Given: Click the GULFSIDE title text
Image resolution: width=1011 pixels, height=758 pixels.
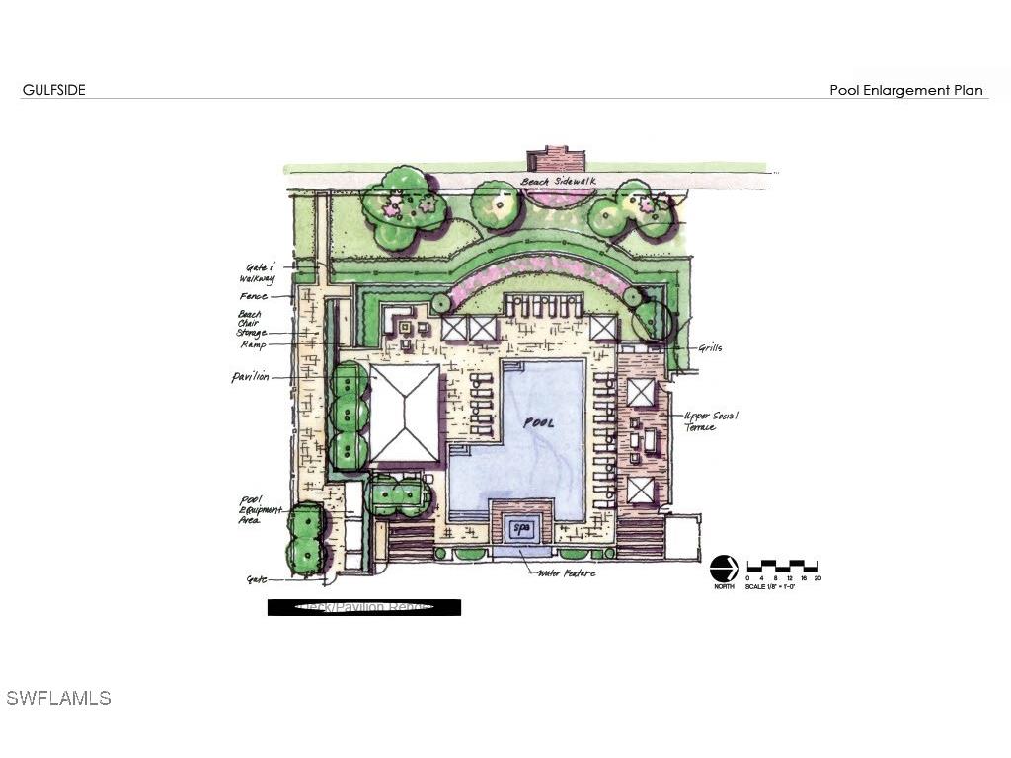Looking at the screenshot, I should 53,90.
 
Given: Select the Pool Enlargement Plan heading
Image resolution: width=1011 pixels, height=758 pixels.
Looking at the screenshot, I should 905,90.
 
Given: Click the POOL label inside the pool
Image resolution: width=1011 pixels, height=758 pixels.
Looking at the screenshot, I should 538,422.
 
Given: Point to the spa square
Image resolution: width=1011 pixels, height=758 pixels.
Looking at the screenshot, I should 521,529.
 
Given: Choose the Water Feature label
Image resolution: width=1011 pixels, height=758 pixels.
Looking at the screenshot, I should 567,572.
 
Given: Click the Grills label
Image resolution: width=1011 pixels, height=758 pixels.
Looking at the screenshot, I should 710,347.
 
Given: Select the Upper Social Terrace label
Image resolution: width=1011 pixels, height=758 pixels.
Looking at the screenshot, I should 710,420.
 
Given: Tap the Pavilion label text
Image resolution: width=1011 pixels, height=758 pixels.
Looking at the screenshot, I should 250,377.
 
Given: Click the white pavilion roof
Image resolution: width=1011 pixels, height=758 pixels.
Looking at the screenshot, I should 404,413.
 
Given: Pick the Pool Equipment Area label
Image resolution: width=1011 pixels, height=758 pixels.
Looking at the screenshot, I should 249,509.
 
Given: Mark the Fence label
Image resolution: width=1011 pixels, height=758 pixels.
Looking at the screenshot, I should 253,296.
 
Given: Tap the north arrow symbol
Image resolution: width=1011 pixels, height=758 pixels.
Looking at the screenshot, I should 724,569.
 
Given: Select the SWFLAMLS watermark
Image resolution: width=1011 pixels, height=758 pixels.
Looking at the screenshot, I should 58,698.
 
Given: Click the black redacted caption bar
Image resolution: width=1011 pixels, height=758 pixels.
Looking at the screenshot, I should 363,607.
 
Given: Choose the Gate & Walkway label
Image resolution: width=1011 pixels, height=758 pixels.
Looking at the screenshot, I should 259,272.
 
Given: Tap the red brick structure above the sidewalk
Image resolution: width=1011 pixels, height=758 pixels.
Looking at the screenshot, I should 556,158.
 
